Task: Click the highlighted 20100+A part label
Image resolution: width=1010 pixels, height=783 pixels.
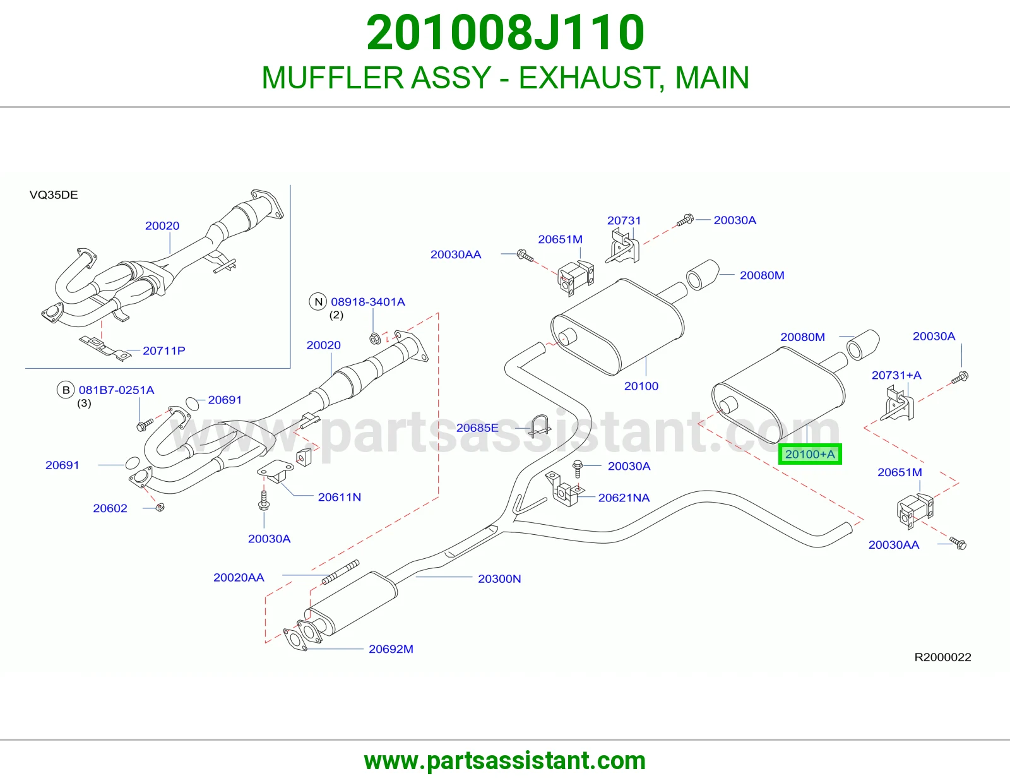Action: click(810, 454)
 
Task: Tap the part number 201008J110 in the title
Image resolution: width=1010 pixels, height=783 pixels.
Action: click(505, 33)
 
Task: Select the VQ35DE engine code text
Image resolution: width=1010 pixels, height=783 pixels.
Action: click(54, 195)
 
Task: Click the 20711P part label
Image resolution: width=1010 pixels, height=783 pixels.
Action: click(163, 350)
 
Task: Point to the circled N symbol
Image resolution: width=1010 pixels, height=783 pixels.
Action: click(318, 302)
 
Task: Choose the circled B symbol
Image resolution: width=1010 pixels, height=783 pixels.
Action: click(66, 390)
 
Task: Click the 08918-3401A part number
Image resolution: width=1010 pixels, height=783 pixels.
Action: click(367, 302)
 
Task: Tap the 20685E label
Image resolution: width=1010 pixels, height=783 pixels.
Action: click(477, 427)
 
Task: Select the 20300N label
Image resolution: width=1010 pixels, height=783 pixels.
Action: click(499, 579)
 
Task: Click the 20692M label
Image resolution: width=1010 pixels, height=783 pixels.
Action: click(391, 649)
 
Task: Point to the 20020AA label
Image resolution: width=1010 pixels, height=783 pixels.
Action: click(239, 578)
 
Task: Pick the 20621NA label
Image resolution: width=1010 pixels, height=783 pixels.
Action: click(624, 498)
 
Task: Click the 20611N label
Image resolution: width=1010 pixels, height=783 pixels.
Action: click(340, 497)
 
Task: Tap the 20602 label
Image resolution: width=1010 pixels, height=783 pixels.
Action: click(110, 508)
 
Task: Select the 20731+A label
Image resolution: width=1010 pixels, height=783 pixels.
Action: click(896, 375)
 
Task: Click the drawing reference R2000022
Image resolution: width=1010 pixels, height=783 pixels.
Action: click(942, 657)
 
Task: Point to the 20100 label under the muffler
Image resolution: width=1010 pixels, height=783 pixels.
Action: click(641, 386)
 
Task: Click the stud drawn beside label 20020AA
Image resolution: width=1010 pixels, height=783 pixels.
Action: click(341, 572)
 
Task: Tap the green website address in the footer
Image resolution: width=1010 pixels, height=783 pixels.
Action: click(505, 761)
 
